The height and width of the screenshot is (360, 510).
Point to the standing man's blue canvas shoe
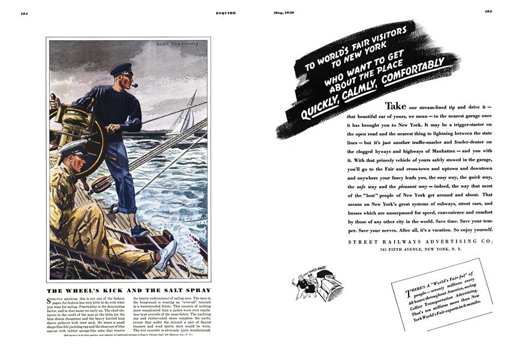point(139,230)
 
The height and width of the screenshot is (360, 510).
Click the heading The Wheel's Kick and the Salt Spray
point(128,290)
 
